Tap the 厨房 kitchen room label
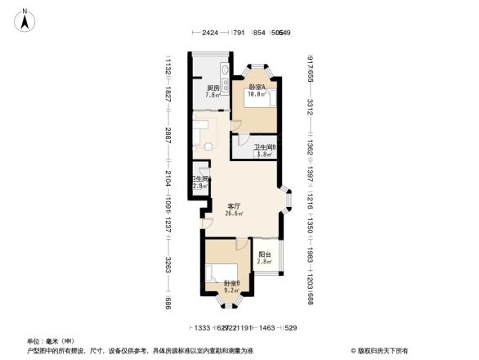[x=213, y=88]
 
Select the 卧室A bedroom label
[x=257, y=88]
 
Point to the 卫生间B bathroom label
[x=264, y=147]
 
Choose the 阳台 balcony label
[x=264, y=254]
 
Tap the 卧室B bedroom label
[x=232, y=283]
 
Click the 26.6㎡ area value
[x=234, y=214]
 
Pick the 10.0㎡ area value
[x=257, y=95]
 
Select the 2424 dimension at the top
[x=211, y=34]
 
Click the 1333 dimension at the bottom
[x=203, y=326]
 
